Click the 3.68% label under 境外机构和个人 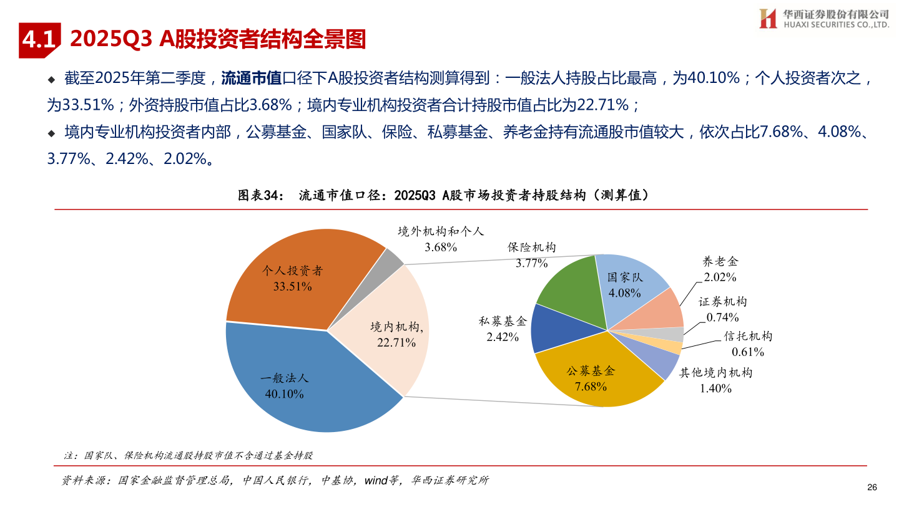click(441, 248)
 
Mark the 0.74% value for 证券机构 click(722, 317)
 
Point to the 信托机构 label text click(748, 336)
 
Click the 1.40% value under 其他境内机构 click(715, 388)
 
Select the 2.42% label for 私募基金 click(503, 337)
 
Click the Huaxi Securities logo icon click(767, 19)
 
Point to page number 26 click(873, 487)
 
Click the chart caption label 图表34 click(262, 195)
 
